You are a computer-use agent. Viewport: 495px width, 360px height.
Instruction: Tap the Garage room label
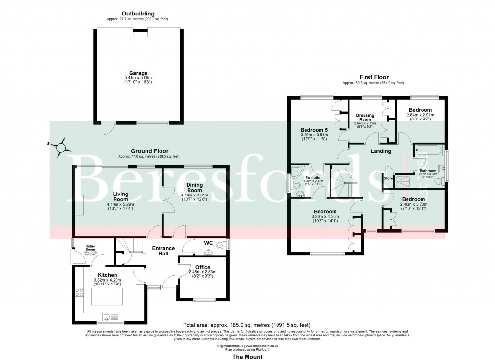click(x=138, y=73)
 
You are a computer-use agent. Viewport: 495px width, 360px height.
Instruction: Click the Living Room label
click(x=120, y=196)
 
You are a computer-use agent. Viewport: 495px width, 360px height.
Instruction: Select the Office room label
click(x=203, y=267)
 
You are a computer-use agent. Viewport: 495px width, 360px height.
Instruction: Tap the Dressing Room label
click(x=365, y=117)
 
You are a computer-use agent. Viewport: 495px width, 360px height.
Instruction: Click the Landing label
click(x=380, y=151)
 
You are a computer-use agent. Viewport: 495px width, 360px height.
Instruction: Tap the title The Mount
click(x=247, y=357)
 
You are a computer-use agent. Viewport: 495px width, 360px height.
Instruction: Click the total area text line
click(x=247, y=325)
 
